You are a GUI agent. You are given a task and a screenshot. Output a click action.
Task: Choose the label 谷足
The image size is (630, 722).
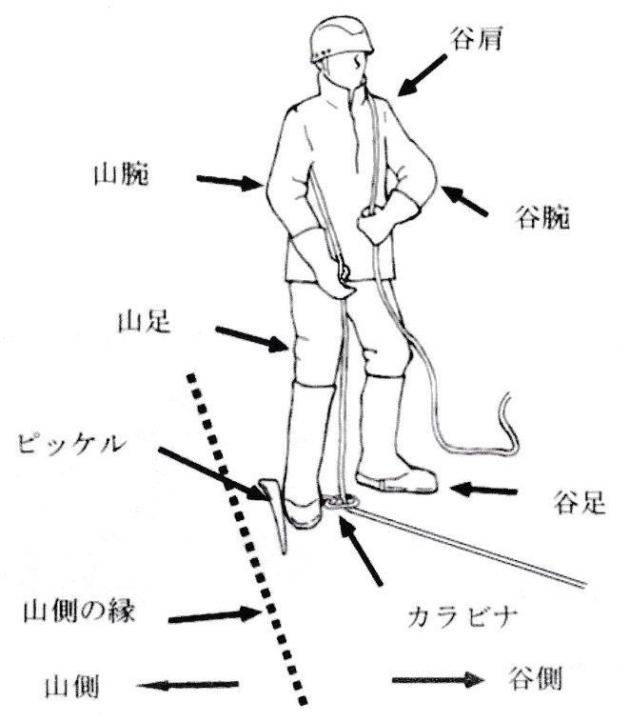click(x=578, y=502)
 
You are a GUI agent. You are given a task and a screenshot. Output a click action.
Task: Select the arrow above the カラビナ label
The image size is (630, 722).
click(x=362, y=553)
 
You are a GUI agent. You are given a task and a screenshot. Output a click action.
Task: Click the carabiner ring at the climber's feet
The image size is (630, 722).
click(x=339, y=500)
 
